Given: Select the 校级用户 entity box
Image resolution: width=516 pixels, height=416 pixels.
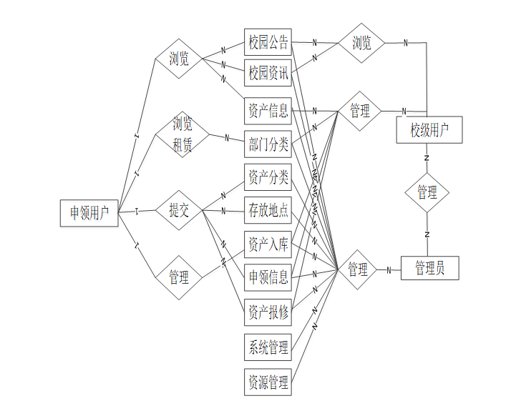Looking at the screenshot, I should tap(429, 130).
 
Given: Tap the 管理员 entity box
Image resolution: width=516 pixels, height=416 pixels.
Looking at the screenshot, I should tap(429, 268).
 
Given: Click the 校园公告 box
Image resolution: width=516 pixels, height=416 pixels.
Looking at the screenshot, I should tap(268, 43).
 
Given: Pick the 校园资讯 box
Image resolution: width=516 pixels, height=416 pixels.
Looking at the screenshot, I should tap(268, 73).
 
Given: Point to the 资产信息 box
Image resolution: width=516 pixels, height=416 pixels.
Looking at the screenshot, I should tap(268, 111).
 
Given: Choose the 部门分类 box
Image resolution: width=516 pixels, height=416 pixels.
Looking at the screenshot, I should tap(268, 145).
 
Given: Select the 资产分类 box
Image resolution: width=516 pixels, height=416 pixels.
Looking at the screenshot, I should tap(268, 177).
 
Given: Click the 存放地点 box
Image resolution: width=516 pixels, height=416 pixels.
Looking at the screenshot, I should tap(268, 211).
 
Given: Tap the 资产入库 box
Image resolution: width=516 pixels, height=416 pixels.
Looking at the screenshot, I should tap(268, 245).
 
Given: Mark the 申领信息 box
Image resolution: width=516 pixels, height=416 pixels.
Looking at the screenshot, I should tap(268, 277).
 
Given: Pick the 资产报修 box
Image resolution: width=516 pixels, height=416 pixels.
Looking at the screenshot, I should tap(268, 312).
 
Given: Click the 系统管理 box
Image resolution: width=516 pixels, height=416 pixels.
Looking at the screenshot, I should tap(268, 348).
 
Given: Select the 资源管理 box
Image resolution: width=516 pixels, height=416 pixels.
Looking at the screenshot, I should tap(268, 382).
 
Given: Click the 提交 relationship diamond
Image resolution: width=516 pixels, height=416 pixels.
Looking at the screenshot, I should tap(179, 210).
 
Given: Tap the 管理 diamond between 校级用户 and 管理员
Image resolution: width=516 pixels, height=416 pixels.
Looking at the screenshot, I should tap(427, 193).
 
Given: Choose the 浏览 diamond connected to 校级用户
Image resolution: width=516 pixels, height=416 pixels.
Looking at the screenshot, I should tap(361, 44).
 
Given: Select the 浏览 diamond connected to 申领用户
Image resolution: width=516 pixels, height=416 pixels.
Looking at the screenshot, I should tap(179, 59).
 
